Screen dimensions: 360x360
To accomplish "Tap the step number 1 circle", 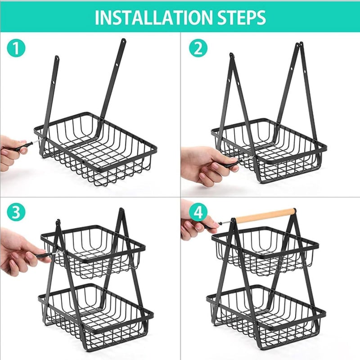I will tap(16, 48).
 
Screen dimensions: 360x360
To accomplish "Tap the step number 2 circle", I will tap(198, 48).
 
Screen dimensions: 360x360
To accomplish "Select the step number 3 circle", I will tap(16, 213).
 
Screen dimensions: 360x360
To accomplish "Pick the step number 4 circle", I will tap(198, 213).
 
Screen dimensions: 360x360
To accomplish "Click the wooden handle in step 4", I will tap(265, 216).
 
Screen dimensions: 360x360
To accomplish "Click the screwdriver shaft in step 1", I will tap(31, 144).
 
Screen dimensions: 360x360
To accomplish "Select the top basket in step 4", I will tap(265, 252).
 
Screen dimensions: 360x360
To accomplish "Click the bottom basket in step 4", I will tap(265, 315).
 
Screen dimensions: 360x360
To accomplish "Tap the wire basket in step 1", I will tap(97, 148).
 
